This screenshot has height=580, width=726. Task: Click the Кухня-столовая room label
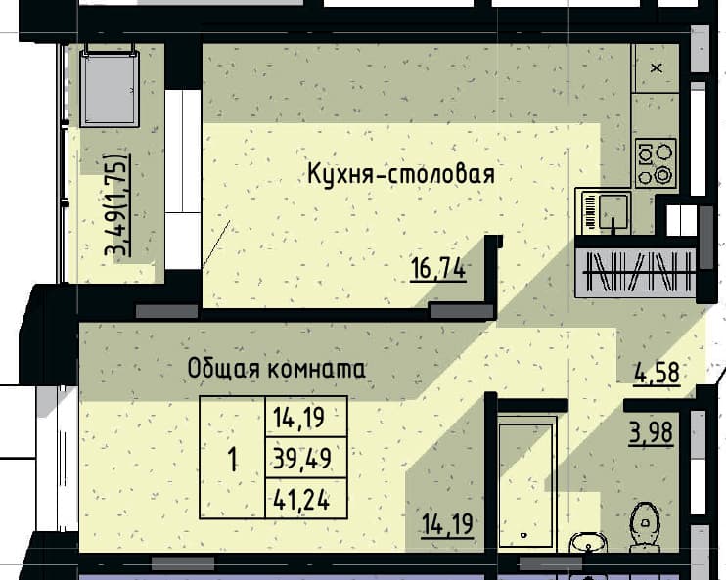(401, 174)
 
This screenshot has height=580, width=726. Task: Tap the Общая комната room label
(277, 369)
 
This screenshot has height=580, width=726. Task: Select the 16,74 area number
(438, 269)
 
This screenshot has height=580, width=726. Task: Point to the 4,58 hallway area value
(657, 373)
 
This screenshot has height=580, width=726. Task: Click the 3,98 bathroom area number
(651, 433)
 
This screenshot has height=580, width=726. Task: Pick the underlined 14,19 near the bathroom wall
(447, 525)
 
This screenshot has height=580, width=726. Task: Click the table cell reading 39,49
(302, 459)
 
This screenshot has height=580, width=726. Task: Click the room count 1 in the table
(233, 460)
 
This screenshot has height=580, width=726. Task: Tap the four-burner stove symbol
(656, 163)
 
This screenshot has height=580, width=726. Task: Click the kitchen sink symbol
(604, 211)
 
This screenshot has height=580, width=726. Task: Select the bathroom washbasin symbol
(587, 543)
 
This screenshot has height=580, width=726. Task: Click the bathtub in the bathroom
(527, 484)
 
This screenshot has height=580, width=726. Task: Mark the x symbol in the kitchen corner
(657, 68)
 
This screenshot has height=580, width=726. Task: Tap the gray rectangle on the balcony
(110, 88)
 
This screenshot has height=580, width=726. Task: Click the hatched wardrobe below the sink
(636, 273)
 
